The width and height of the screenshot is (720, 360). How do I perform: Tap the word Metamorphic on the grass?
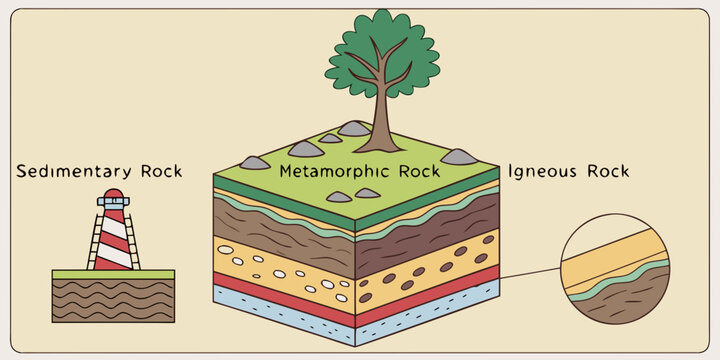click(x=330, y=171)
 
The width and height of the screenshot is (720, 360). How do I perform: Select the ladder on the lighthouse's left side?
click(x=96, y=240)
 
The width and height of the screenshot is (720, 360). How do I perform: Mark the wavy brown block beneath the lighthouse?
click(x=113, y=300)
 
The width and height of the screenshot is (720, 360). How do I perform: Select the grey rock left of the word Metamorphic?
click(x=255, y=162)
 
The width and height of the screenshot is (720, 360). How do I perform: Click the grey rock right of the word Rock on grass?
click(x=459, y=157)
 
